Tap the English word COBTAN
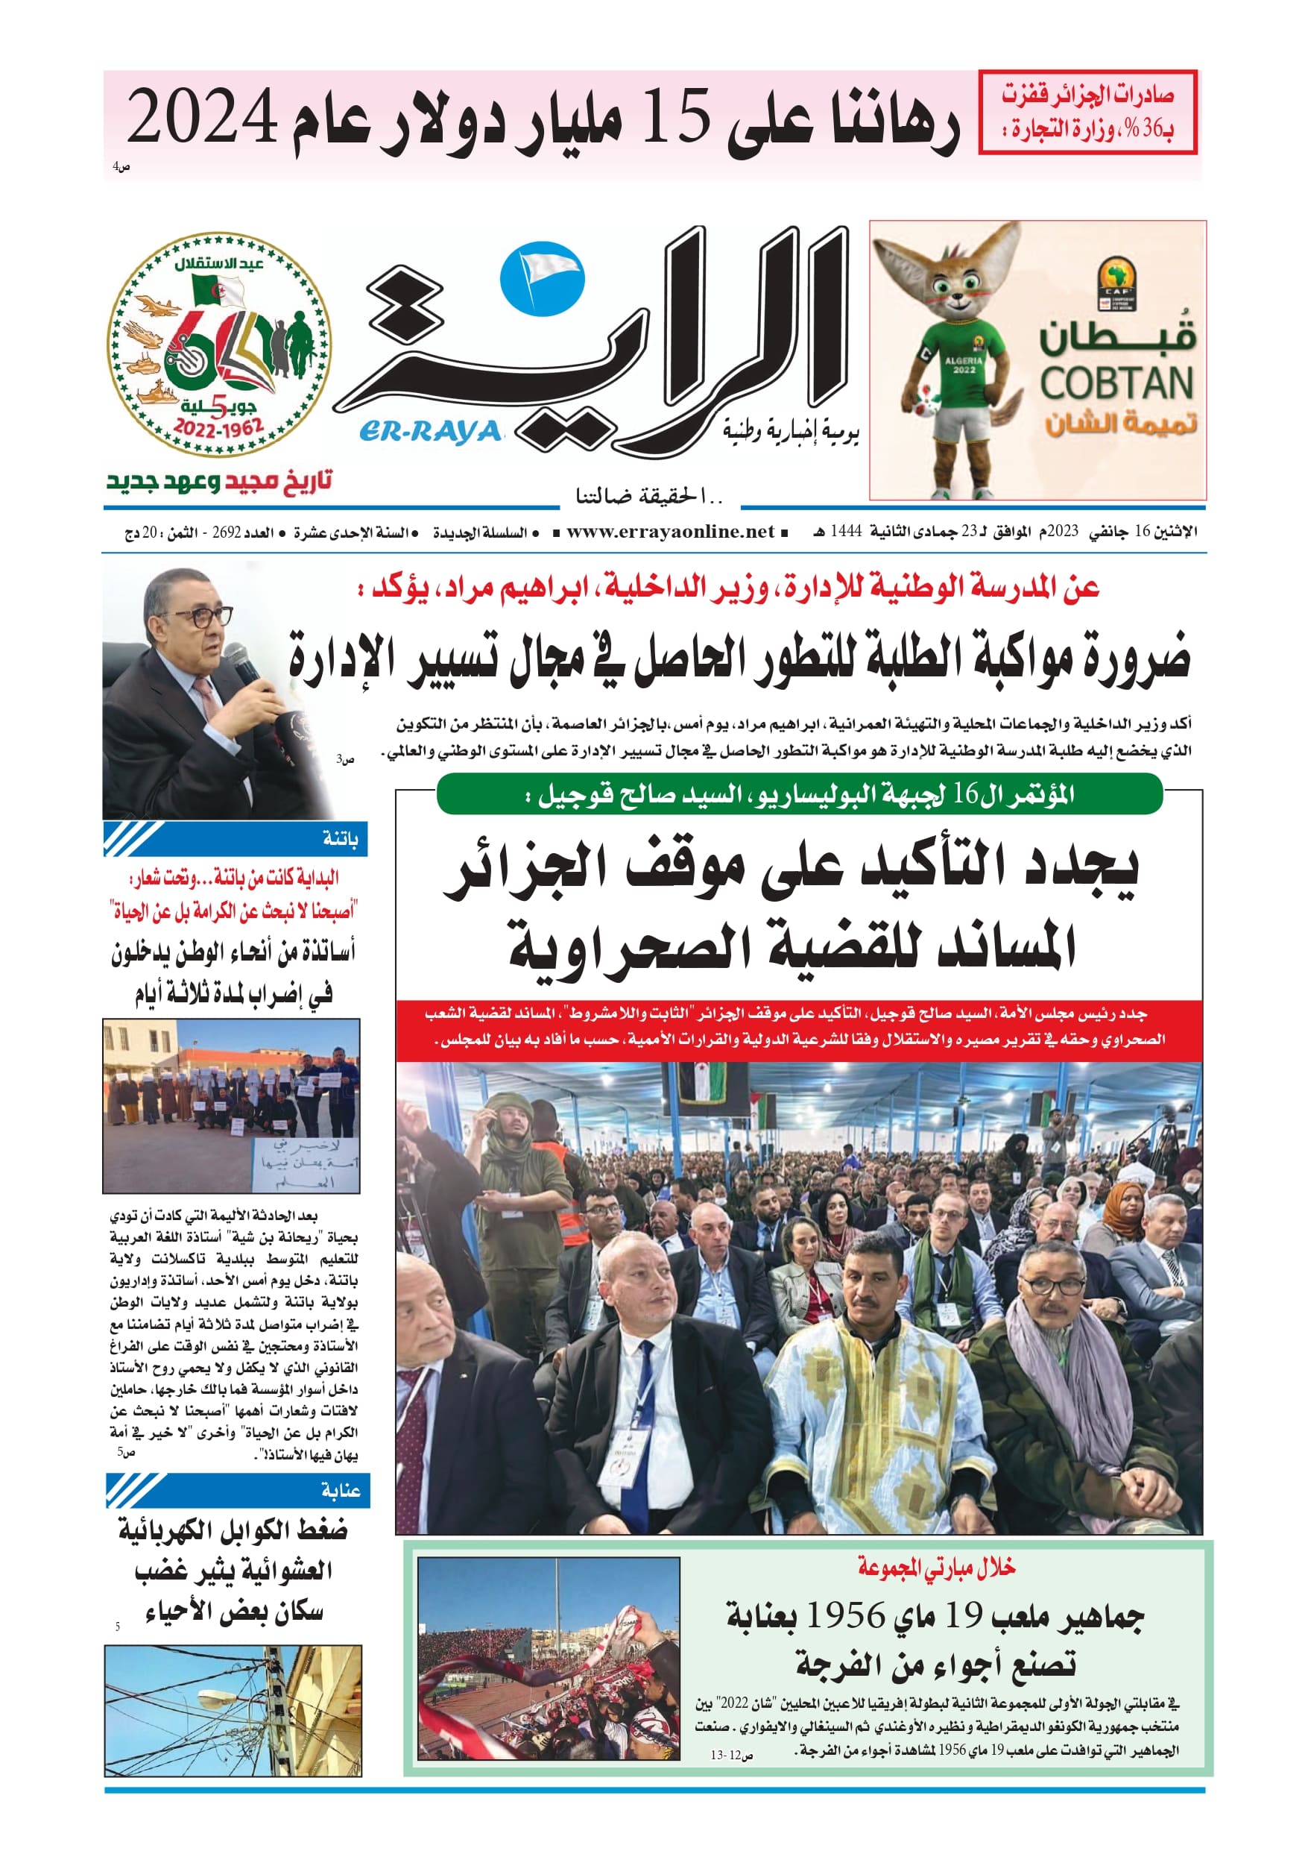click(1116, 384)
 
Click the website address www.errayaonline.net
click(670, 532)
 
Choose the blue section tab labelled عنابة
click(238, 1490)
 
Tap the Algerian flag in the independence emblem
click(218, 291)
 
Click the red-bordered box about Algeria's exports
click(1087, 112)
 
